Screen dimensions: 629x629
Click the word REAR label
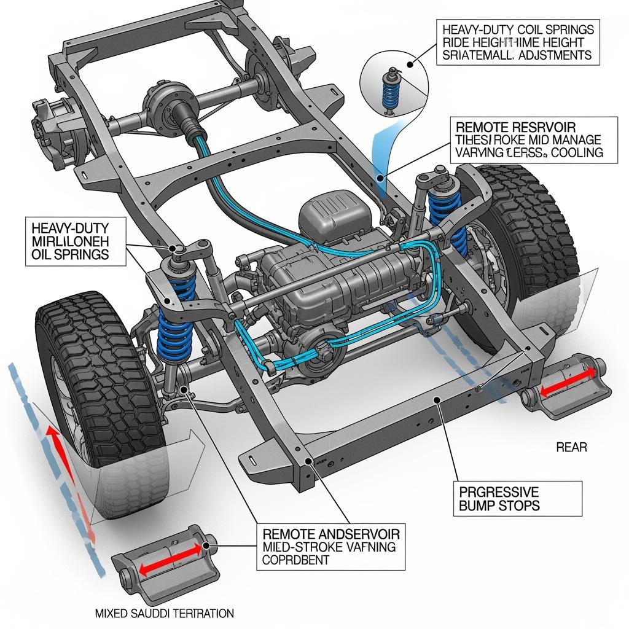coord(571,447)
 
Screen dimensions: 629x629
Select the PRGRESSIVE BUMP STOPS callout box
coord(520,498)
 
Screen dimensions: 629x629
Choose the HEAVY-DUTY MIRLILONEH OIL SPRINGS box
coord(75,240)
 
